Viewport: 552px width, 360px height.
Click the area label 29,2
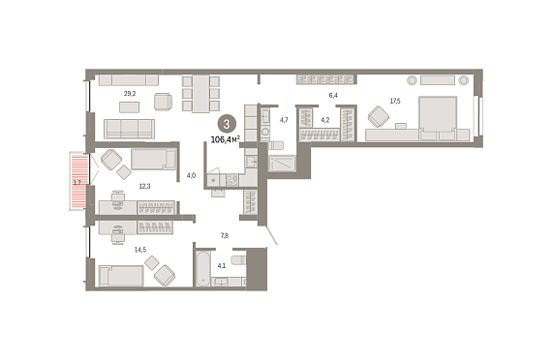pyautogui.click(x=130, y=94)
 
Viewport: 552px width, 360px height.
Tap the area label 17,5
pyautogui.click(x=395, y=102)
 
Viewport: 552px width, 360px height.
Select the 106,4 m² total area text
pyautogui.click(x=226, y=139)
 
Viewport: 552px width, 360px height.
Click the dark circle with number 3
pyautogui.click(x=227, y=124)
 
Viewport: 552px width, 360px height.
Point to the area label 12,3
pyautogui.click(x=144, y=186)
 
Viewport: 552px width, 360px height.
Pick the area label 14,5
pyautogui.click(x=140, y=250)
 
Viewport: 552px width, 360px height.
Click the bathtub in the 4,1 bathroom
pyautogui.click(x=202, y=268)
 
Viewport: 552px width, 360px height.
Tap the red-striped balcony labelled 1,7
pyautogui.click(x=78, y=182)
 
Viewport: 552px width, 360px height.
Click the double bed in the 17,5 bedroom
pyautogui.click(x=438, y=119)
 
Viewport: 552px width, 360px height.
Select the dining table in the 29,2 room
pyautogui.click(x=200, y=94)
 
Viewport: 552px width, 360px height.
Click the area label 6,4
pyautogui.click(x=333, y=96)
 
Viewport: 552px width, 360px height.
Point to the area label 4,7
pyautogui.click(x=284, y=120)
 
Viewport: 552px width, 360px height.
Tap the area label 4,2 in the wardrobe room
pyautogui.click(x=325, y=120)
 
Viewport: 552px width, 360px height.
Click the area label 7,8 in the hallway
pyautogui.click(x=225, y=236)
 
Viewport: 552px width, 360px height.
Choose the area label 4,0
pyautogui.click(x=191, y=175)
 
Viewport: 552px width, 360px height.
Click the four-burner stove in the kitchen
pyautogui.click(x=232, y=180)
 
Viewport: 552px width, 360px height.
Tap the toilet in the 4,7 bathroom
pyautogui.click(x=276, y=145)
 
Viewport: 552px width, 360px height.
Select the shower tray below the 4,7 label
pyautogui.click(x=282, y=164)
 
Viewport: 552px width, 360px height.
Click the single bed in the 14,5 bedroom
pyautogui.click(x=121, y=276)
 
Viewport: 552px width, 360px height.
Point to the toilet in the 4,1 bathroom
pyautogui.click(x=238, y=260)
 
